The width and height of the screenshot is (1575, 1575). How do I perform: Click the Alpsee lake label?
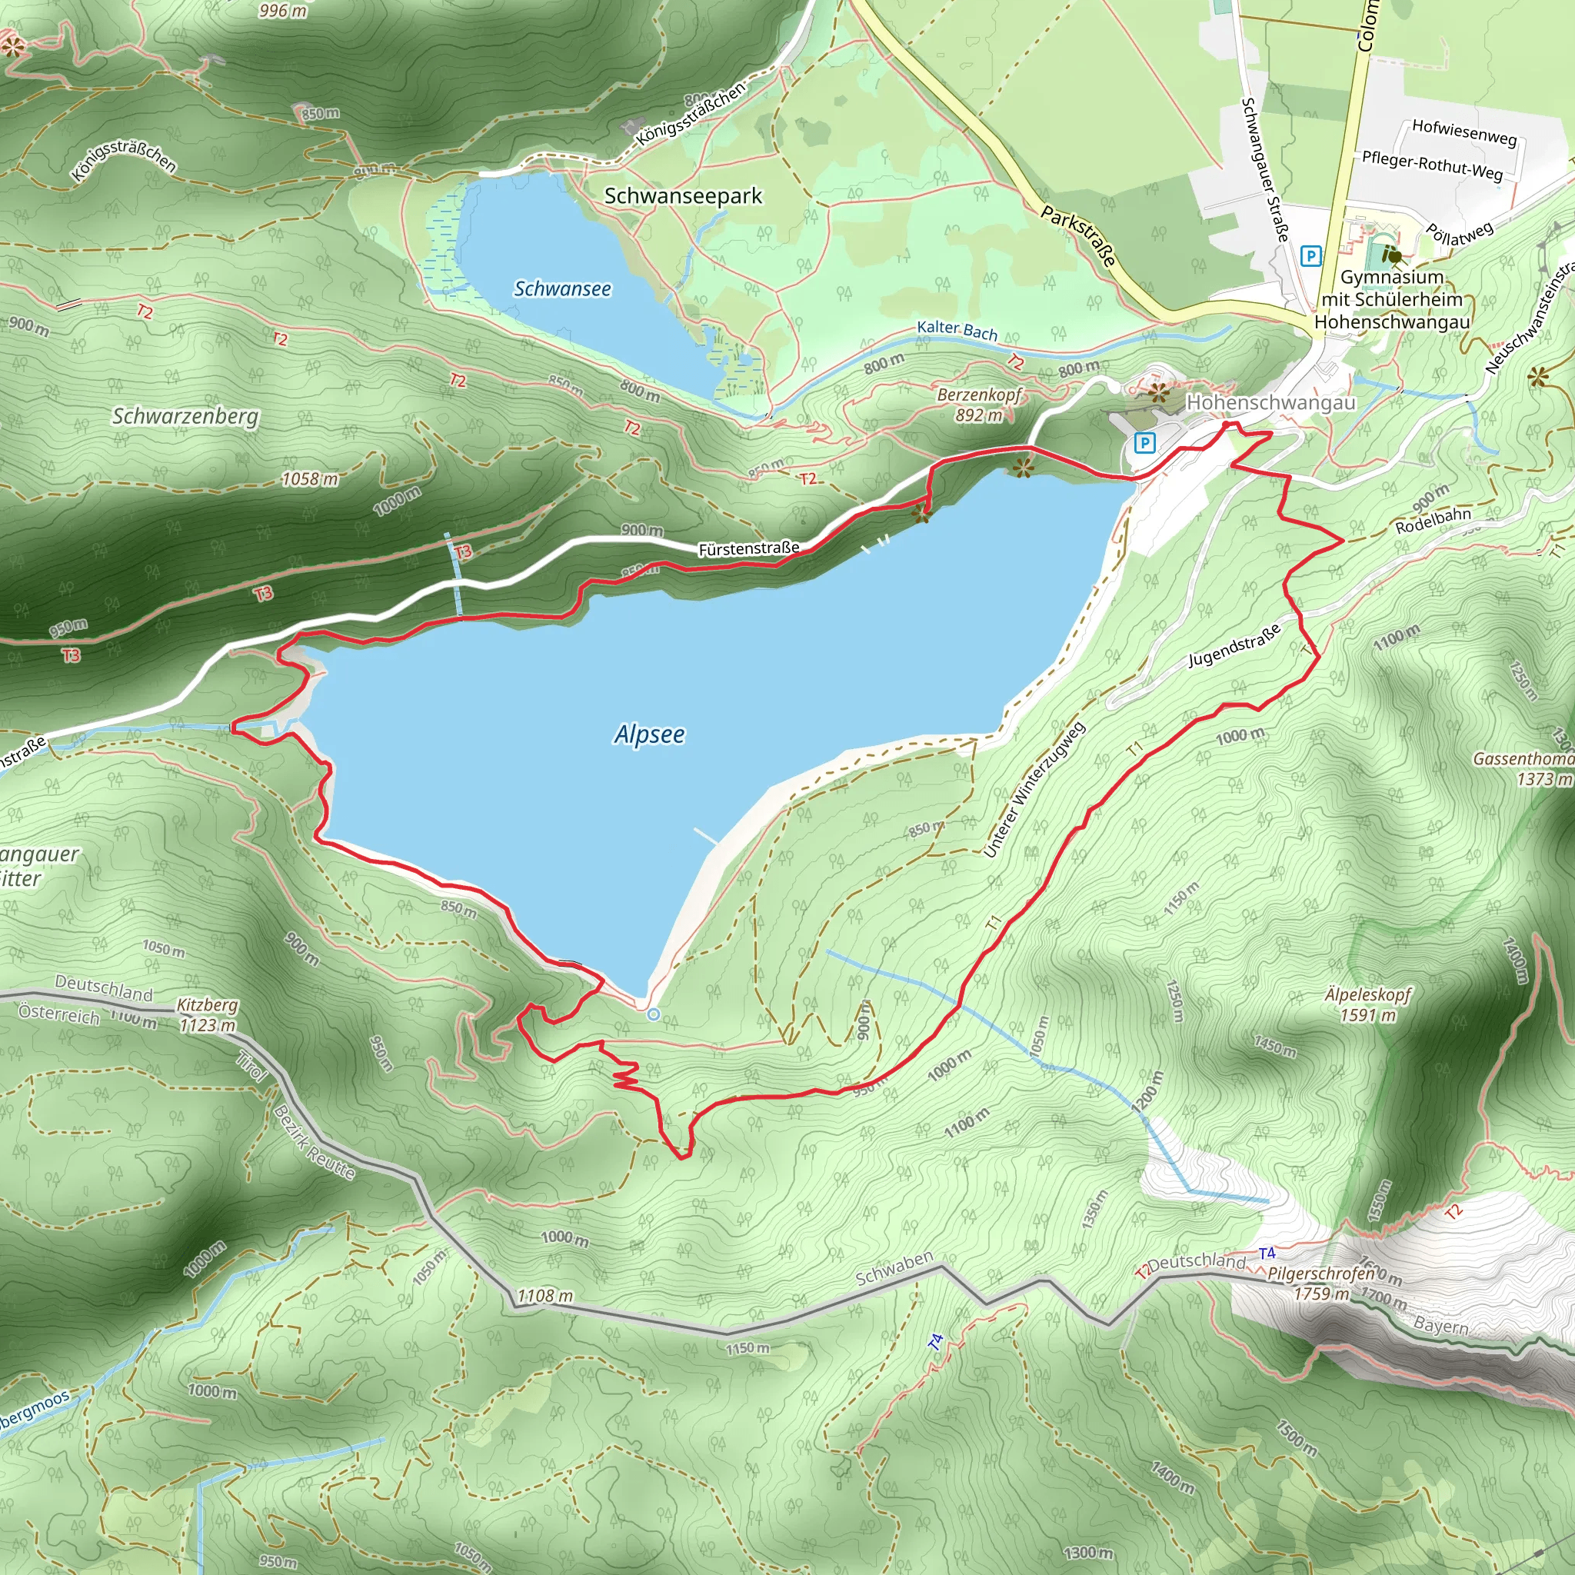(649, 734)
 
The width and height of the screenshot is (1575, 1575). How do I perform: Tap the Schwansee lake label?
(561, 288)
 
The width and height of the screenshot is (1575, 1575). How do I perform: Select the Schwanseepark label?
(682, 195)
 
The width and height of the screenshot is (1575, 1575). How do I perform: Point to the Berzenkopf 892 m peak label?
(978, 405)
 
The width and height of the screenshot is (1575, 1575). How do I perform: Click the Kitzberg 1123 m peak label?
(207, 1014)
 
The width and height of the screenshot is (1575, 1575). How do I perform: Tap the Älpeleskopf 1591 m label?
(1367, 1004)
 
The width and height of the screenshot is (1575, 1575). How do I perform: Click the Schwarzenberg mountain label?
(185, 416)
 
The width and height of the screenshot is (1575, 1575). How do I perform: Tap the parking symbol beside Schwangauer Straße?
(1309, 256)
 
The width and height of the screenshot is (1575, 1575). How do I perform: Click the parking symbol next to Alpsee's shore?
(1144, 443)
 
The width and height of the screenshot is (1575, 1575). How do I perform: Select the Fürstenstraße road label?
(748, 548)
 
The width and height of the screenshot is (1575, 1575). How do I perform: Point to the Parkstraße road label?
(1077, 235)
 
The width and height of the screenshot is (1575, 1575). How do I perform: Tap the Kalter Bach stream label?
(957, 330)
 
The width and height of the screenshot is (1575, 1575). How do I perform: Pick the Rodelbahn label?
(1433, 520)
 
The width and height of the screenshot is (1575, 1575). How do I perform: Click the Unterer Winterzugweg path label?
(1034, 789)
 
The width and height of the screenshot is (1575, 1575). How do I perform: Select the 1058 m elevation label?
(310, 478)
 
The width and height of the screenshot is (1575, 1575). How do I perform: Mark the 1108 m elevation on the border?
(544, 1295)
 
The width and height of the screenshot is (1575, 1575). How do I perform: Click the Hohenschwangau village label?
(1270, 402)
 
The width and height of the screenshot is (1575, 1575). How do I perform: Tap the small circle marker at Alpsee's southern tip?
(653, 1014)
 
